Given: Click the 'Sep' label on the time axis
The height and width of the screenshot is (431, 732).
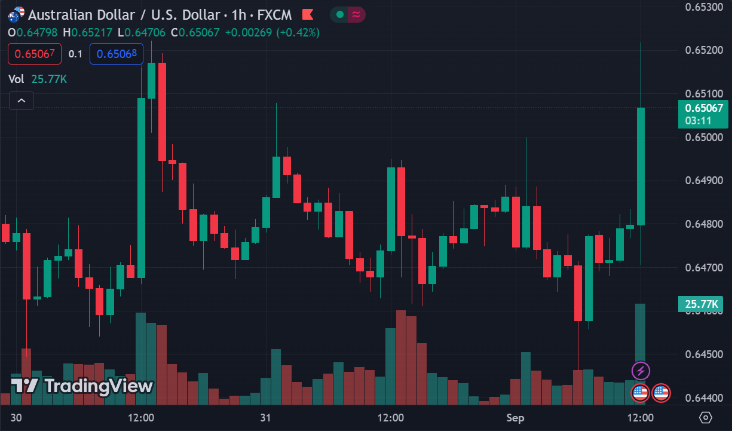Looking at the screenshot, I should coord(515,418).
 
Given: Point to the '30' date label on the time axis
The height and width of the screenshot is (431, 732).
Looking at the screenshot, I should coord(16,418).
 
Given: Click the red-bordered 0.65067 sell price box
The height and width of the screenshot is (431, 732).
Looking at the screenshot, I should coord(35,54).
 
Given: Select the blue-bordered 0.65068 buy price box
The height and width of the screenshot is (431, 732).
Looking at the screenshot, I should coord(117,54).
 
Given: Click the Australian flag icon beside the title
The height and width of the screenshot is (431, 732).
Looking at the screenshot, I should coord(16,13).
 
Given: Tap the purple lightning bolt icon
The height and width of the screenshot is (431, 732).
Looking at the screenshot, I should coord(641,371).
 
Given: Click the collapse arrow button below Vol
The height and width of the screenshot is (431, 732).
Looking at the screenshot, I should coord(22,100).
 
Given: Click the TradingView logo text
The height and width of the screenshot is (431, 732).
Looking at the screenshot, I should coord(83,386).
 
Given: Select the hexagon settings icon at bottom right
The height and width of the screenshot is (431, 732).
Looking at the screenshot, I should coord(706,417).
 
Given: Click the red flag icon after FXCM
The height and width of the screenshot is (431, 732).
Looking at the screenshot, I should coord(308,14).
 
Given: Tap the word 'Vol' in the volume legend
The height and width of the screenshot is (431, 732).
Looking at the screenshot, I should coord(16,79).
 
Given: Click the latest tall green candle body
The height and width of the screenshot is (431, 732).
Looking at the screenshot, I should coord(641,166).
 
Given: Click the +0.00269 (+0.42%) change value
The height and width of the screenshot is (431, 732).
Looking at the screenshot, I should coord(272,32).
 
